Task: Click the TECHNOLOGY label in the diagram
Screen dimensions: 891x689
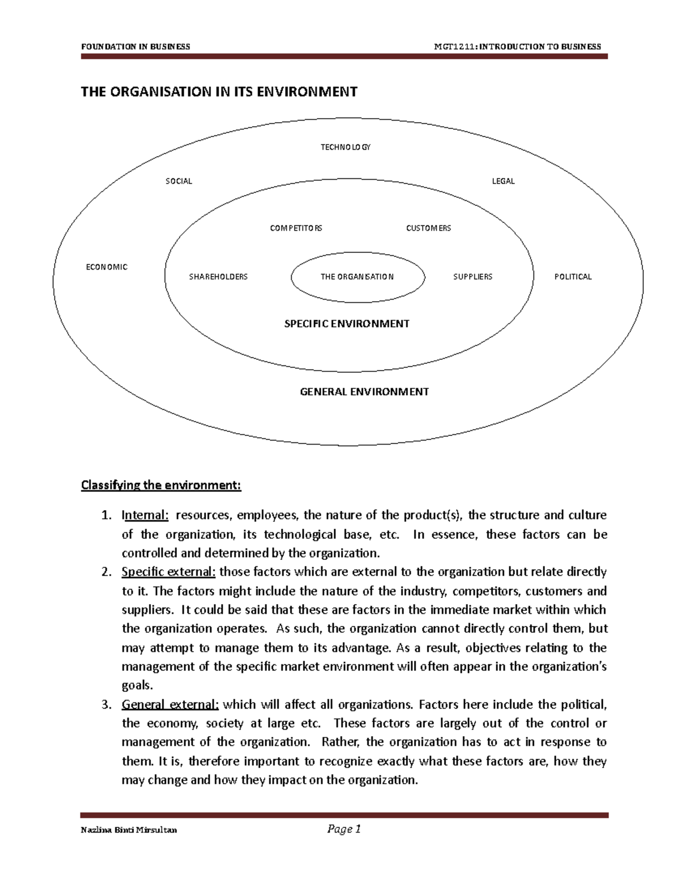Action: click(345, 147)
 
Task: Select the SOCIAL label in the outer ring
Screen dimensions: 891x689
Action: click(179, 181)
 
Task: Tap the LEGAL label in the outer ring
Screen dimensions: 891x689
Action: click(503, 181)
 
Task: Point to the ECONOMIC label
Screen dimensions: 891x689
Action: click(106, 267)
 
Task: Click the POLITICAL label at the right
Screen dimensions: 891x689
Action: click(572, 277)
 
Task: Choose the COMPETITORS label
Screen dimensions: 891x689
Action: click(296, 228)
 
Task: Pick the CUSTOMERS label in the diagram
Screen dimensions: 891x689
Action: click(428, 228)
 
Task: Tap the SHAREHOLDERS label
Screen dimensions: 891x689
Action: click(218, 277)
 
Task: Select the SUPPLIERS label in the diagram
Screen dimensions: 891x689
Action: click(473, 277)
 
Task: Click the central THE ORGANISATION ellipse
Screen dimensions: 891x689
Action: click(357, 277)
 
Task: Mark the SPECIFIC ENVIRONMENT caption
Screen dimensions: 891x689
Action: click(347, 324)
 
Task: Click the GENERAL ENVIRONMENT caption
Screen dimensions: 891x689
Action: click(364, 392)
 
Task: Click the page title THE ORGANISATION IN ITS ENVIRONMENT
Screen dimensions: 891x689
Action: click(219, 92)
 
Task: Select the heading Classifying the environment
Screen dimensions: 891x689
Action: click(161, 485)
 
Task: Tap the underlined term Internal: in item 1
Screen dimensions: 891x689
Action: click(145, 515)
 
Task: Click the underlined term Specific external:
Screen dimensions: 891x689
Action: click(168, 572)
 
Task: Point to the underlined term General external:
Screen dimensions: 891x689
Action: click(170, 705)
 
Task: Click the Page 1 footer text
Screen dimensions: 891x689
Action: click(343, 829)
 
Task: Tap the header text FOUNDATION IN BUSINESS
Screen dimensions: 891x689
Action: click(136, 46)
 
